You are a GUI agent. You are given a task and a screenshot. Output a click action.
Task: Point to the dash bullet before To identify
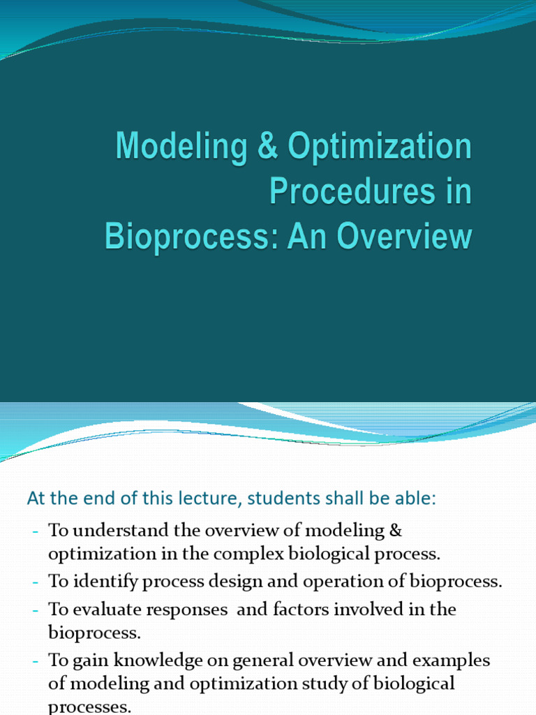[x=35, y=582]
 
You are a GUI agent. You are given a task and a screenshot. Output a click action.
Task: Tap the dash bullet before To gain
[x=35, y=661]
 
